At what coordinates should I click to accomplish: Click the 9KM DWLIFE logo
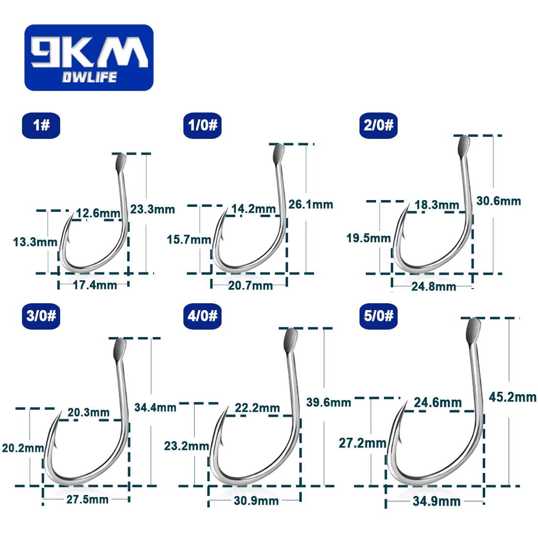(89, 58)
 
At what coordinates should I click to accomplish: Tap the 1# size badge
(41, 126)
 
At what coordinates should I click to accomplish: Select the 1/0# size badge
(202, 126)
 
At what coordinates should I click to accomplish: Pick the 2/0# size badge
(379, 126)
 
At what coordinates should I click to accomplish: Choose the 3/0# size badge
(41, 316)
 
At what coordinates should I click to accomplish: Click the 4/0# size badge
(202, 316)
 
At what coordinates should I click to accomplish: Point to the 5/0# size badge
(379, 316)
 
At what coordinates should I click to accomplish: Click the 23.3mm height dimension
(153, 209)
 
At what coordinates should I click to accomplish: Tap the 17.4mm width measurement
(95, 285)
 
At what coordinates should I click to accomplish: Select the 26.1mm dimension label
(311, 204)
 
